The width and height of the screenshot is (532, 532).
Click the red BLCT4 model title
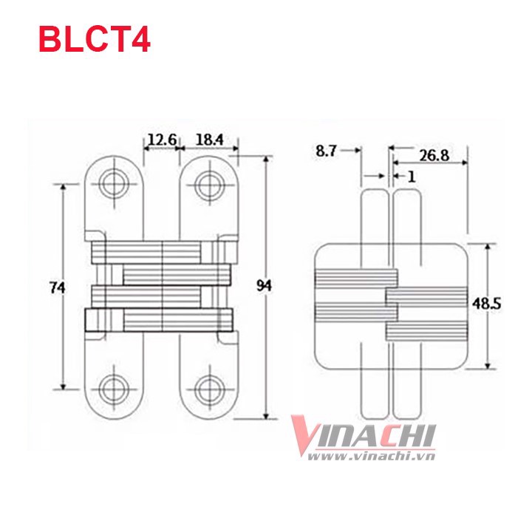coord(95,40)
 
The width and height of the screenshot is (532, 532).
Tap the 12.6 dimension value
coord(162,140)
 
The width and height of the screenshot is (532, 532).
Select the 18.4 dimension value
coord(210,140)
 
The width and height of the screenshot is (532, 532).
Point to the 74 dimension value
coord(58,287)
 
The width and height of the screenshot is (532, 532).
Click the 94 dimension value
coord(264,286)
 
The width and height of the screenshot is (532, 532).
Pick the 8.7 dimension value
coord(326,151)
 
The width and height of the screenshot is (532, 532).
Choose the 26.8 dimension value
coord(434,156)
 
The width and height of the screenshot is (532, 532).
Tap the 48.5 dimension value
coord(486,304)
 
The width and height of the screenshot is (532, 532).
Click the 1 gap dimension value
coord(412,177)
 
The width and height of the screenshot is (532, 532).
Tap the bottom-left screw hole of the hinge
coord(115,388)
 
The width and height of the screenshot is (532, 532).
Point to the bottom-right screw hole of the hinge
coord(209,388)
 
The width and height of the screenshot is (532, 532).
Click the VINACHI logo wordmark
coord(363,435)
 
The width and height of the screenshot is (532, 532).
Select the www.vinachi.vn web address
coord(371,456)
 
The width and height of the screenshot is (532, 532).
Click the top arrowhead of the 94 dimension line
coord(267,160)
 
